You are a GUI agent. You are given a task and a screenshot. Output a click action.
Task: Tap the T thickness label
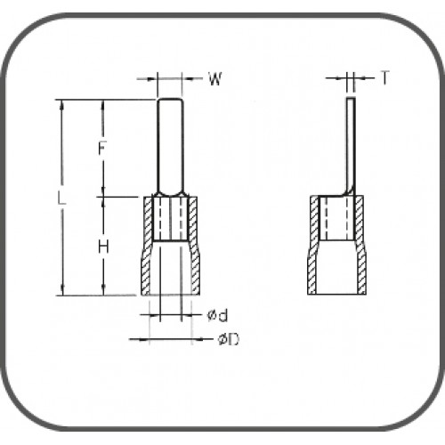coord(384,78)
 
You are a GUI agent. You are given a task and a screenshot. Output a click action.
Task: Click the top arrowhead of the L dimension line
coord(62,103)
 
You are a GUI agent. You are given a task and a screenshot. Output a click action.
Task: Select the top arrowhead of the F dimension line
coord(104,104)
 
